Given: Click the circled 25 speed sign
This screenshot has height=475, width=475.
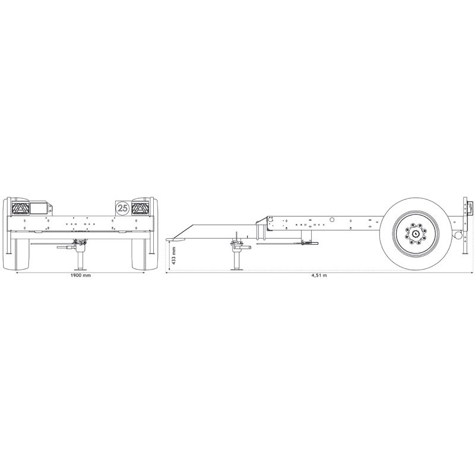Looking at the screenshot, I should pyautogui.click(x=123, y=208).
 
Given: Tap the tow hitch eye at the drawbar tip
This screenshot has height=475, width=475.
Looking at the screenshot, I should pyautogui.click(x=170, y=239).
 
